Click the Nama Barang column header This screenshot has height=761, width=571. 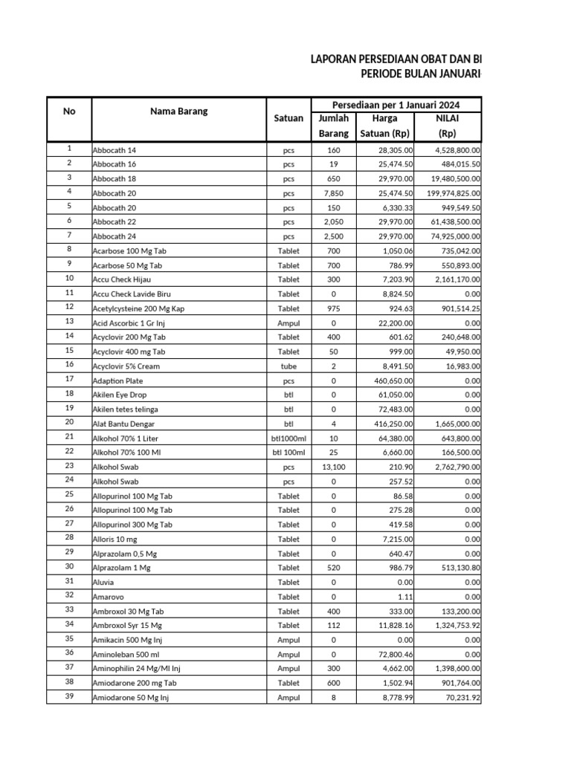click(x=179, y=111)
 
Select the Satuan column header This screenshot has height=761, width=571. click(x=288, y=118)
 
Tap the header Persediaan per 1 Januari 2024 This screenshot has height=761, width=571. click(x=395, y=104)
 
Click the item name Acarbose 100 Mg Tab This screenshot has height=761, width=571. click(x=129, y=250)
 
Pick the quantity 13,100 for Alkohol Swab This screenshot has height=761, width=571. click(x=334, y=467)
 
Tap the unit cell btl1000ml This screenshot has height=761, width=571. click(x=288, y=438)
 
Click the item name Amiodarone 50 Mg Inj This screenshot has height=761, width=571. click(x=131, y=698)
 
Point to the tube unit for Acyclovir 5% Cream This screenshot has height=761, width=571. click(x=288, y=366)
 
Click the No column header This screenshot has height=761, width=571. click(x=69, y=111)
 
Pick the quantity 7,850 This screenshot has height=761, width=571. click(x=334, y=193)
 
